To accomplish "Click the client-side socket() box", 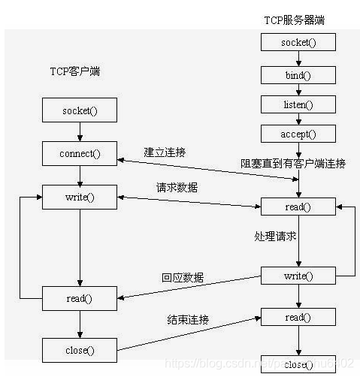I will point(80,112).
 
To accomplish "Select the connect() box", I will point(80,155).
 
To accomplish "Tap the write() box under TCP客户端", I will point(80,198).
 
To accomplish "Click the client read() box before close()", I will point(80,298).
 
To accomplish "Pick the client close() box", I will point(80,349).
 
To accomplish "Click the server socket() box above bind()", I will point(298,42).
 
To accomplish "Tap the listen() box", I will point(298,104).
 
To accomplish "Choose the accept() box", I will point(298,134).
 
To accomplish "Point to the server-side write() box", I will point(298,276).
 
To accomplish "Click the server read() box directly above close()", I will point(298,317).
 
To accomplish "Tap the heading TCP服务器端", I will point(298,20).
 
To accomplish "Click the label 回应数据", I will point(183,277).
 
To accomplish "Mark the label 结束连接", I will point(188,320).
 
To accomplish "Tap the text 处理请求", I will point(274,236).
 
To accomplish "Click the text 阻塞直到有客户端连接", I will point(292,164).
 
